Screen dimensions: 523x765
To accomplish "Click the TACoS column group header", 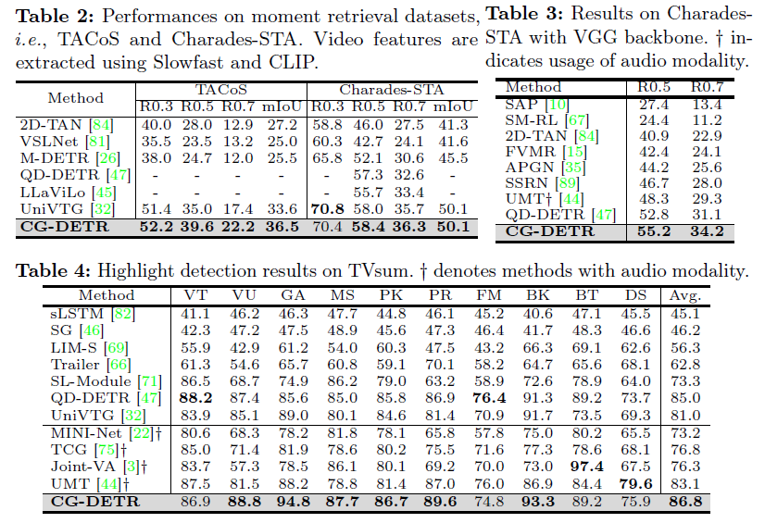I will pyautogui.click(x=219, y=91).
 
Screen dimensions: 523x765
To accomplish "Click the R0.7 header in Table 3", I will pyautogui.click(x=708, y=87).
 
